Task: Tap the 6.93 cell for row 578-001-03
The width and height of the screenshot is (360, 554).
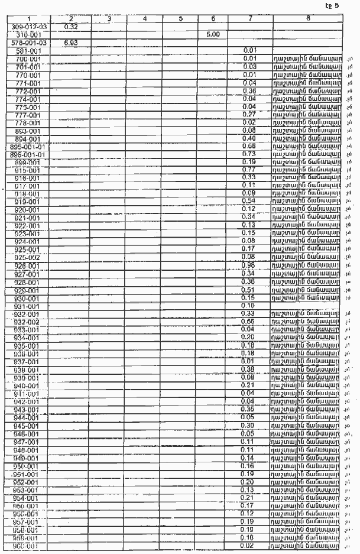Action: click(70, 43)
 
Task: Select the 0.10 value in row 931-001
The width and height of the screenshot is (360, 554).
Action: click(249, 305)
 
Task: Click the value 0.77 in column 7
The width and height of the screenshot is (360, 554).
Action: click(249, 170)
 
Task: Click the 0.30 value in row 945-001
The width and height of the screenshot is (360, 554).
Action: click(249, 425)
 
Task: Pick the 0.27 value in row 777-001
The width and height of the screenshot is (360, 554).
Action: click(249, 114)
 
